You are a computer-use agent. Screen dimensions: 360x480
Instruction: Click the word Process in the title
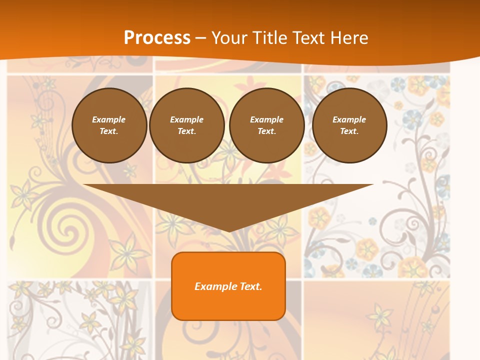tap(157, 37)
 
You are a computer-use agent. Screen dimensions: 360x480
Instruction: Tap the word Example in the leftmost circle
tap(108, 119)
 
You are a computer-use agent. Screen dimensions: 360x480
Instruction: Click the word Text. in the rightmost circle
tap(349, 131)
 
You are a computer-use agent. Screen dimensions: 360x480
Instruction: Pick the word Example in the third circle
tap(266, 119)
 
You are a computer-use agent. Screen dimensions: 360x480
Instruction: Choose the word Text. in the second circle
tap(186, 131)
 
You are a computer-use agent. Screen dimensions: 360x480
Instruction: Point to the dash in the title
tap(200, 38)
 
